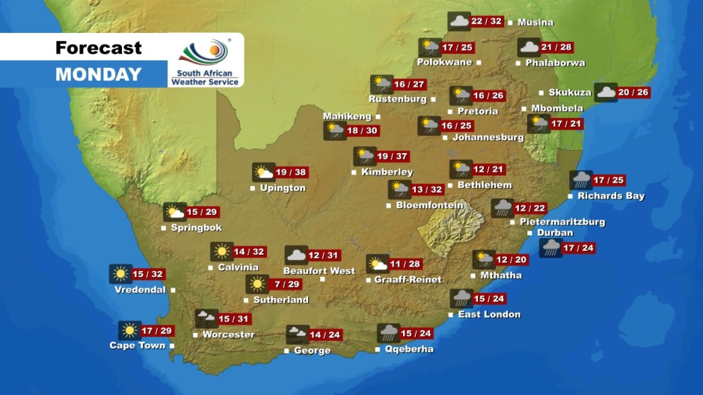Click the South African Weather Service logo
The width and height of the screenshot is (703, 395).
205,61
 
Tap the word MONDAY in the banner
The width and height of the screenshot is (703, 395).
98,75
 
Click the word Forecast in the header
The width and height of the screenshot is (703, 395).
98,48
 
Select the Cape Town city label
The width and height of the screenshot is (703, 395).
137,346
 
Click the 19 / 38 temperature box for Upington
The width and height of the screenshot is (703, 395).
292,172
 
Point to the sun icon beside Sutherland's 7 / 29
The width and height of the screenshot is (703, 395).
257,284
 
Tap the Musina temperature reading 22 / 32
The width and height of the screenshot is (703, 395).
487,22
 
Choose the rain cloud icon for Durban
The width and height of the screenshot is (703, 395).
550,248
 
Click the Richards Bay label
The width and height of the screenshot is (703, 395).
610,196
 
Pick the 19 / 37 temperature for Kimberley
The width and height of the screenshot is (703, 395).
393,156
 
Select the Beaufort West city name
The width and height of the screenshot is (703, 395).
319,271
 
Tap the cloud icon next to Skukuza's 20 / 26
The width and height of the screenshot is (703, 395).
605,93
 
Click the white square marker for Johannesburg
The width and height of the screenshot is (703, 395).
445,138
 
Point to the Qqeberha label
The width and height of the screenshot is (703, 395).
408,349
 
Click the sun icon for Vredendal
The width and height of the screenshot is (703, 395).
120,274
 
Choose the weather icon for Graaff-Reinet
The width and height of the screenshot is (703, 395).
377,264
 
